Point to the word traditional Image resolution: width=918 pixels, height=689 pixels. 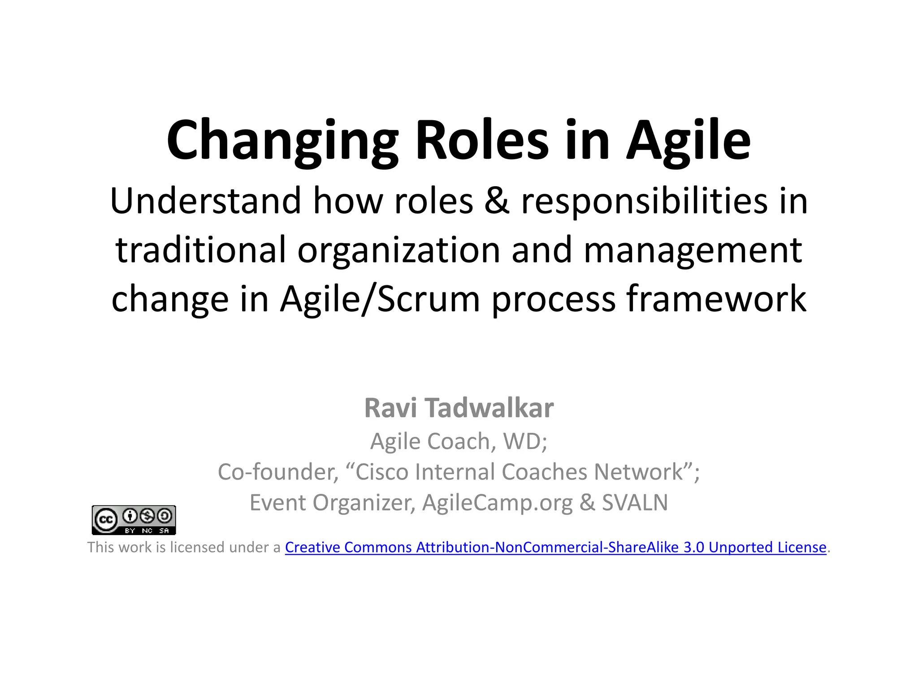coord(200,250)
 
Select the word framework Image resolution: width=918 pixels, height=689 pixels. coord(716,299)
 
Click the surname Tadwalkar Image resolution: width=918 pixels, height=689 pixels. coord(489,408)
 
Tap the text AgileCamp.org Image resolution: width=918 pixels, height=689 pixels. coord(497,503)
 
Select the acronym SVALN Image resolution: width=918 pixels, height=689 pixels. coord(635,502)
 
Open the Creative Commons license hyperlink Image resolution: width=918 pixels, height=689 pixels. coord(555,547)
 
